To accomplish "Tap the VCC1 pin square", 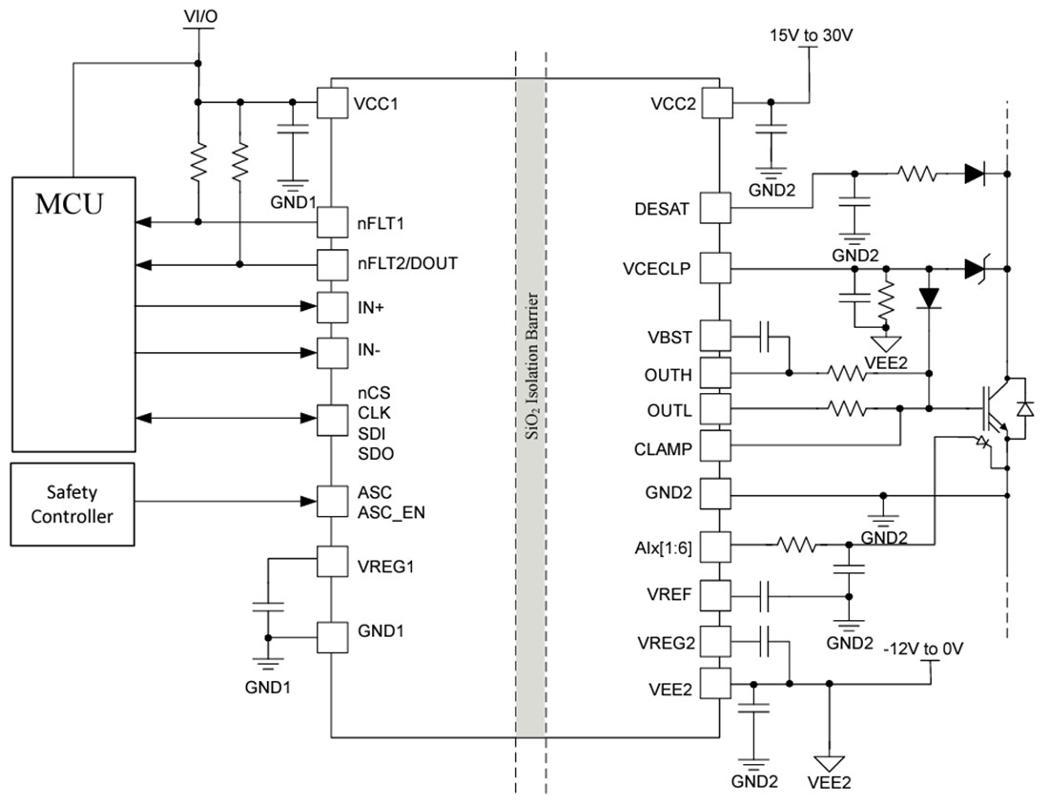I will point(331,103).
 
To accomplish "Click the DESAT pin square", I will point(717,208).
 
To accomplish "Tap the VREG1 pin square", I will point(331,562).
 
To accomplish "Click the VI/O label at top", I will point(197,17).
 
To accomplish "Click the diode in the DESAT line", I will point(974,174).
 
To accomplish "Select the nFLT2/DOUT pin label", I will point(407,263).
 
